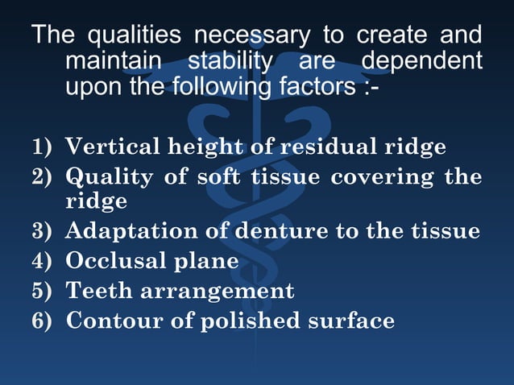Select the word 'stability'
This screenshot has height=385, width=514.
click(227, 62)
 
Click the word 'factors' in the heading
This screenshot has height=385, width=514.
click(301, 88)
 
